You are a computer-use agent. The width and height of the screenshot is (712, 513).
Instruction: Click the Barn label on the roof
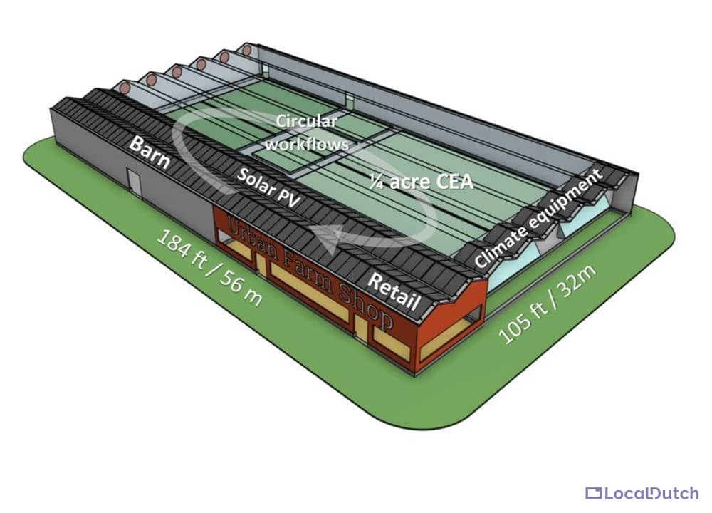coord(150,152)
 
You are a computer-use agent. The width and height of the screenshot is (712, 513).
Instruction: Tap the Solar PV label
coord(269,188)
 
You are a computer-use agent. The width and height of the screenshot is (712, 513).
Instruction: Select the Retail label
coord(393,291)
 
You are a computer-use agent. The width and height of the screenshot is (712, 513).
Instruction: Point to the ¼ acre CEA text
coord(422,182)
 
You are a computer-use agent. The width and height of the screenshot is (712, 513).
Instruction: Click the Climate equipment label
coord(538,217)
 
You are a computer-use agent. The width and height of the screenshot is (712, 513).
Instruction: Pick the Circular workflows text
coord(307,133)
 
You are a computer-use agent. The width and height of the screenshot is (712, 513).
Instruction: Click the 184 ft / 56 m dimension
coord(209,268)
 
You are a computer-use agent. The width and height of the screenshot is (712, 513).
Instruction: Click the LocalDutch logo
coord(642,493)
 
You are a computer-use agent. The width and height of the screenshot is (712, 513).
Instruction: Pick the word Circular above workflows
coord(307,122)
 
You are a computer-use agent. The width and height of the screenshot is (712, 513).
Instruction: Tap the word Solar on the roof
coord(255,180)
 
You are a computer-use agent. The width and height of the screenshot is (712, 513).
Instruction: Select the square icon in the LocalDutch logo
coord(593,493)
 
